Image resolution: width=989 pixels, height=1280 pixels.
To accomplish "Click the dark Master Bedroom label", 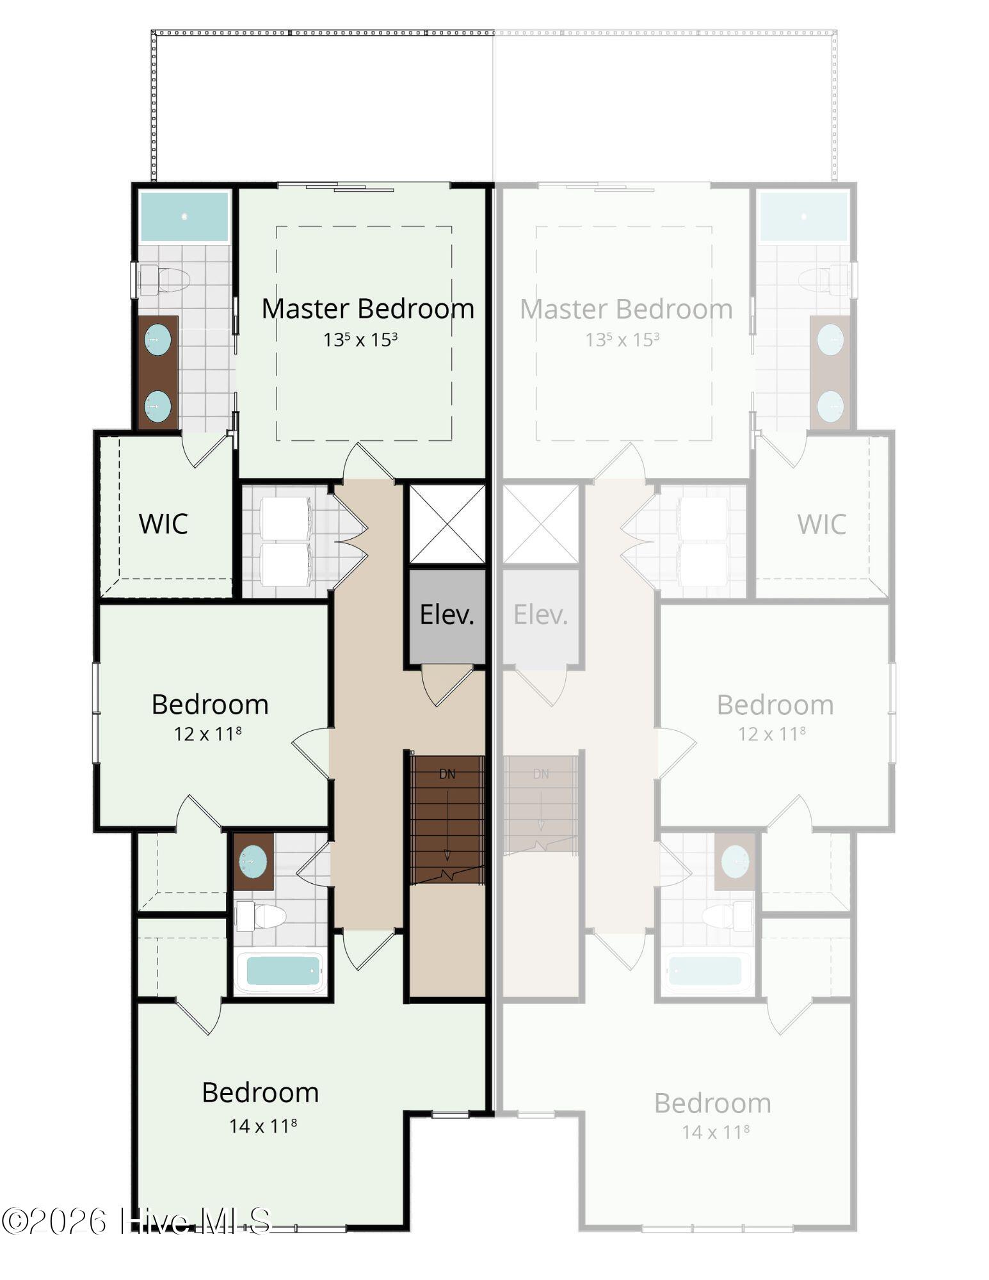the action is pyautogui.click(x=368, y=308).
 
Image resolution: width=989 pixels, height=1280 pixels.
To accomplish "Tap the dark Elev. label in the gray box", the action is pyautogui.click(x=447, y=614).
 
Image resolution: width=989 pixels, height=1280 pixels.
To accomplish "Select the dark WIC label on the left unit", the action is pyautogui.click(x=163, y=524).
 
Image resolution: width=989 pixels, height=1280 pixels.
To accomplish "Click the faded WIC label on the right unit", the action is pyautogui.click(x=822, y=524).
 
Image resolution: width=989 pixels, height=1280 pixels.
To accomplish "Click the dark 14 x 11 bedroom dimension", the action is pyautogui.click(x=262, y=1125).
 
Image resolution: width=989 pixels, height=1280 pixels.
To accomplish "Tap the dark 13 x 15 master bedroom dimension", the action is pyautogui.click(x=360, y=339).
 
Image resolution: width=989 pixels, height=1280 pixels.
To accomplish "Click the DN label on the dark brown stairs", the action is pyautogui.click(x=447, y=774).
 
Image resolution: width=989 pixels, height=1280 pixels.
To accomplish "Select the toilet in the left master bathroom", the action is pyautogui.click(x=165, y=280).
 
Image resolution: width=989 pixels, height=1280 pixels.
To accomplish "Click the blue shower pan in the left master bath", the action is pyautogui.click(x=184, y=217).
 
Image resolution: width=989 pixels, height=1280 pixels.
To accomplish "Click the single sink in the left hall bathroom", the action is pyautogui.click(x=253, y=861).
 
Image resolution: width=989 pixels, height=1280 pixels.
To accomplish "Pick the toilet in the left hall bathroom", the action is pyautogui.click(x=261, y=916).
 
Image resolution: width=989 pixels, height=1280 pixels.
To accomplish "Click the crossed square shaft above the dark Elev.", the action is pyautogui.click(x=447, y=524).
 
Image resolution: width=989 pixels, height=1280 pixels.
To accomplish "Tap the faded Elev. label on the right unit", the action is pyautogui.click(x=541, y=614).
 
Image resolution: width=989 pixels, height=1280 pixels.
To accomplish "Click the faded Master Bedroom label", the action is pyautogui.click(x=626, y=309).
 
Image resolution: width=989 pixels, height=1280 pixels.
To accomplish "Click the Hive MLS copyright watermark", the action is pyautogui.click(x=136, y=1221).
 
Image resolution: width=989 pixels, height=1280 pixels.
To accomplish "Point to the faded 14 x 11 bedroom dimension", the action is pyautogui.click(x=715, y=1132).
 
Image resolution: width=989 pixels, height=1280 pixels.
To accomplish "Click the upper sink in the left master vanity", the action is pyautogui.click(x=157, y=339).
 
